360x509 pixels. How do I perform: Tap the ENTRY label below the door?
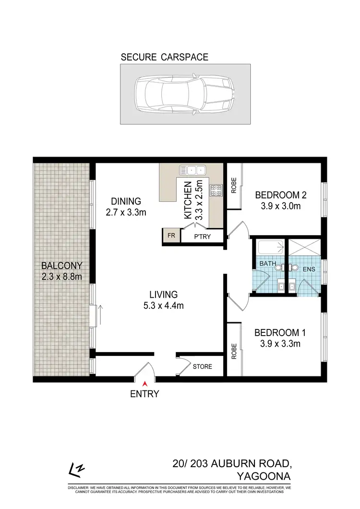[x=144, y=394]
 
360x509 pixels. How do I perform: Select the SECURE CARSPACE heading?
[x=164, y=57]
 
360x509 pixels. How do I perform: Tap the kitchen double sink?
[x=192, y=170]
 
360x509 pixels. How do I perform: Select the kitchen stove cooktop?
[x=215, y=190]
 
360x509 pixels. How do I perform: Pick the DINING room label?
[x=126, y=201]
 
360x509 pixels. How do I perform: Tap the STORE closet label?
[x=202, y=367]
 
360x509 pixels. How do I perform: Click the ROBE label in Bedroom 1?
[x=234, y=352]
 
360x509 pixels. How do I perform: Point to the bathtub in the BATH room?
[x=268, y=248]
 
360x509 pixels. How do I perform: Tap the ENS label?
[x=309, y=269]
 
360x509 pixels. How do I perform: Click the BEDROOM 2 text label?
[x=281, y=195]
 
